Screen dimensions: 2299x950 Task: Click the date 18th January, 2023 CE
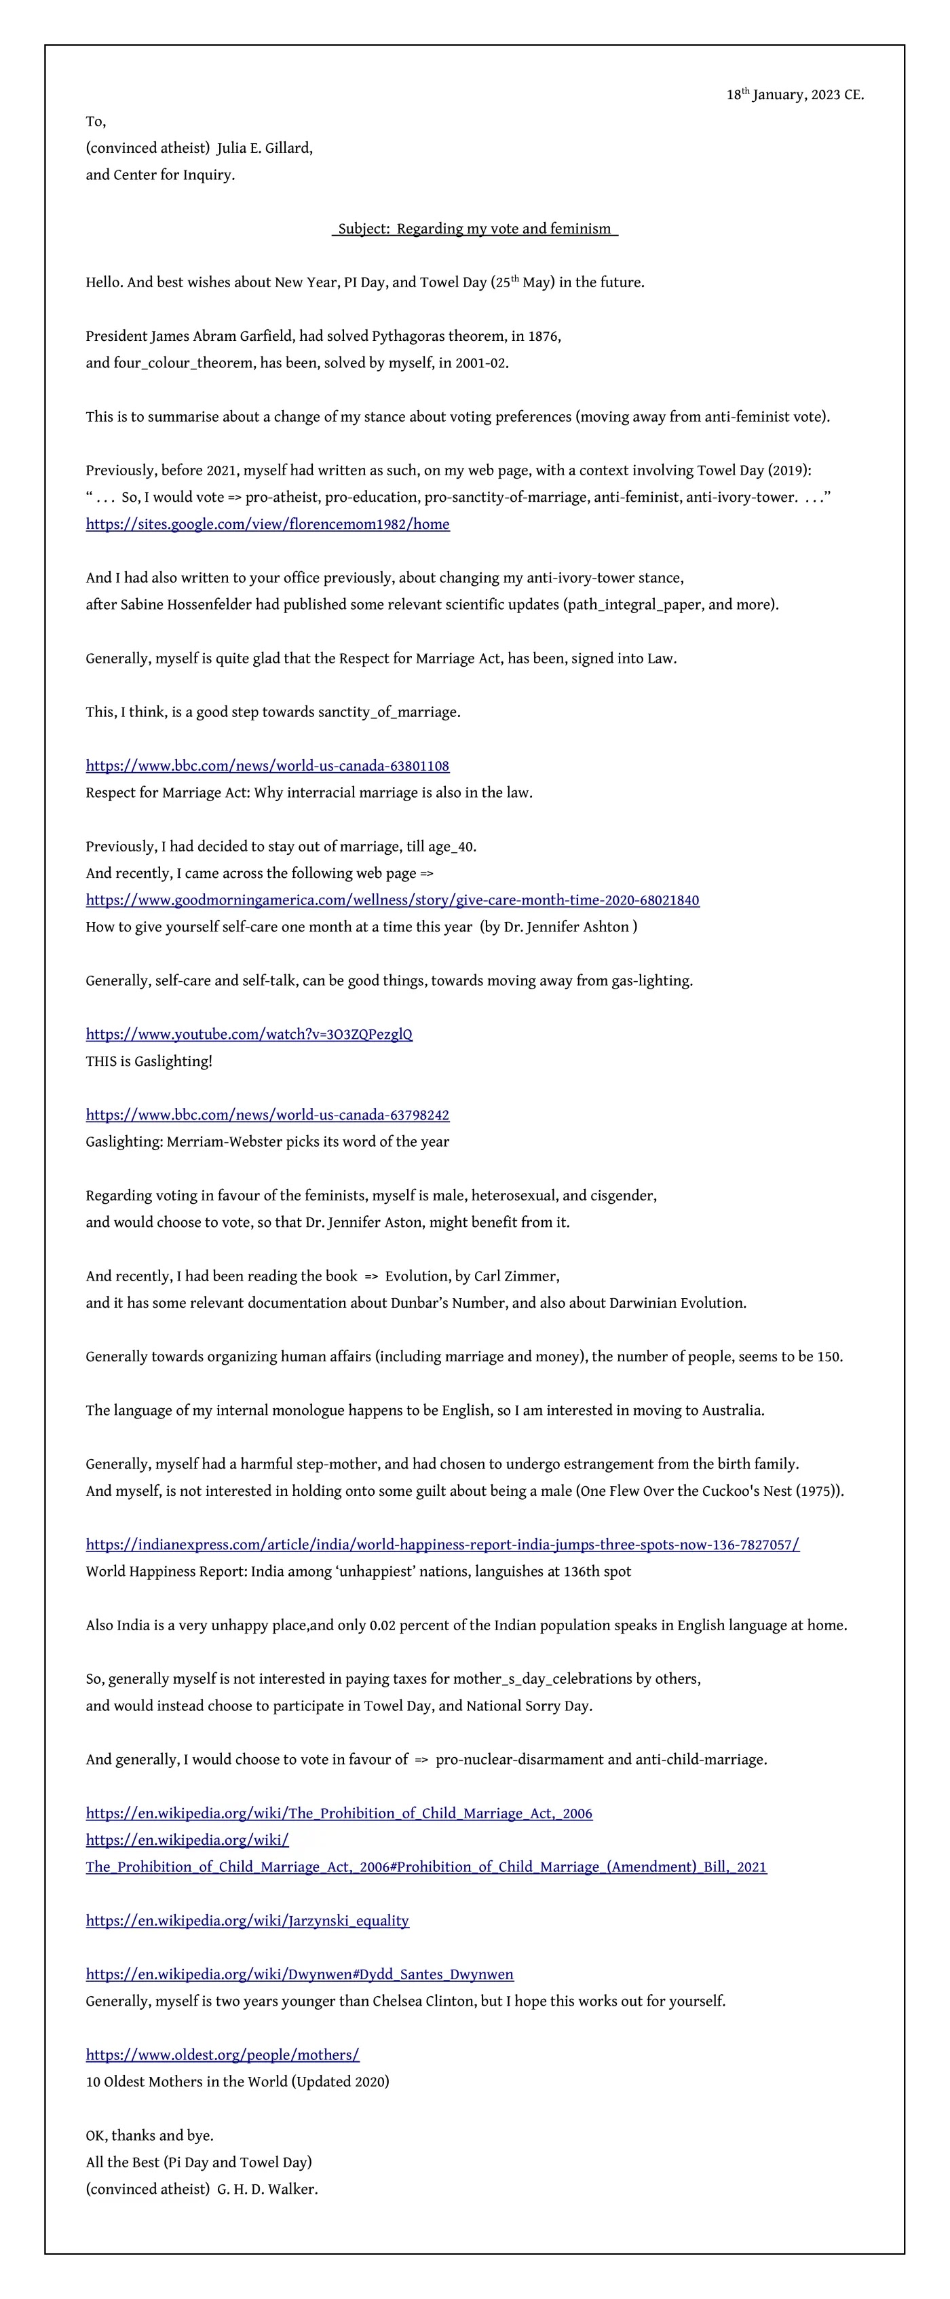click(x=794, y=94)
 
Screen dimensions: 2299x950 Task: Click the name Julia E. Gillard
click(x=264, y=148)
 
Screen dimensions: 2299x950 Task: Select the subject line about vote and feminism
click(x=474, y=228)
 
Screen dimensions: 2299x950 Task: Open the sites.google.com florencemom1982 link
click(x=267, y=524)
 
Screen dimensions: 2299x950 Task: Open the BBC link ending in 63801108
click(x=267, y=766)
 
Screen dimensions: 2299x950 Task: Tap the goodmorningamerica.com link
click(x=392, y=900)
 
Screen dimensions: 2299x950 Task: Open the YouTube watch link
click(x=249, y=1034)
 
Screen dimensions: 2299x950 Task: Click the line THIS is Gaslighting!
click(x=149, y=1061)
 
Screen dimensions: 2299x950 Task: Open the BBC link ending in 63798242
click(x=267, y=1115)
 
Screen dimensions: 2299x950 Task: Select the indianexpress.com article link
click(x=442, y=1544)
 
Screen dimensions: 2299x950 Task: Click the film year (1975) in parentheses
click(x=817, y=1490)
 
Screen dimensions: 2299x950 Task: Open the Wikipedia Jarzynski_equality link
click(x=247, y=1921)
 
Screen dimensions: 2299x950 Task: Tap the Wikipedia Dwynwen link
click(x=300, y=1974)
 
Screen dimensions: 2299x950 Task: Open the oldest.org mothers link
click(x=222, y=2055)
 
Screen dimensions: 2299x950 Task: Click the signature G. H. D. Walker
click(x=267, y=2188)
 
